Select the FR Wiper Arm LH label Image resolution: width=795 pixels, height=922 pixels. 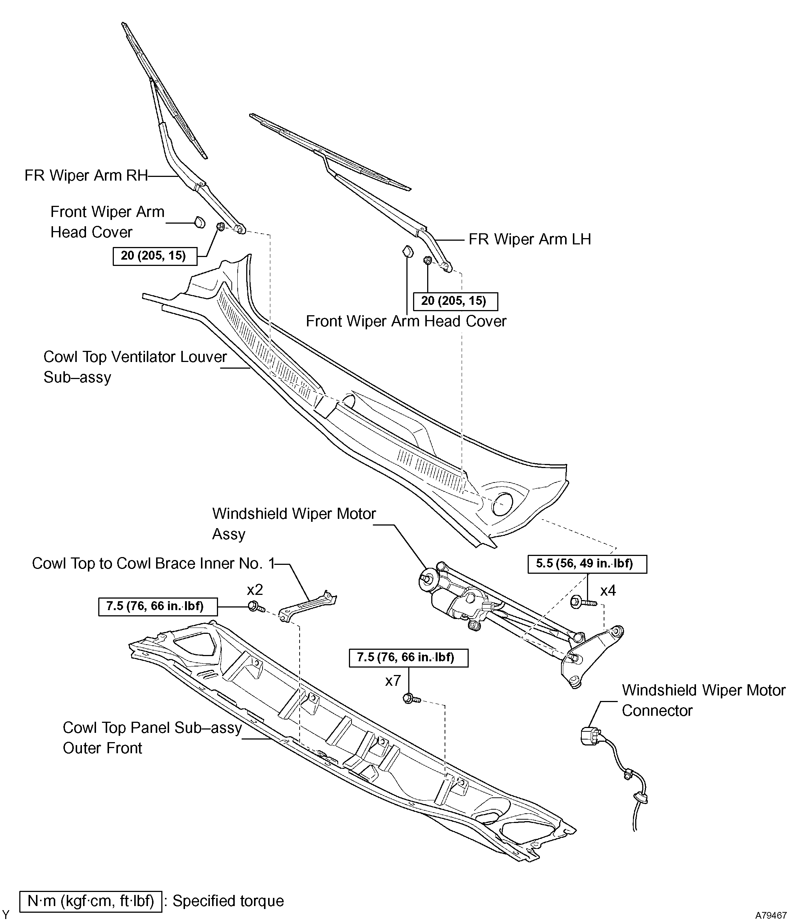(x=530, y=239)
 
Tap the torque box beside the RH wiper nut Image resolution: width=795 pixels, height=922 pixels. (x=155, y=256)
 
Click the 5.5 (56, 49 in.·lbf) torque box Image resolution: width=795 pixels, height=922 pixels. (x=587, y=564)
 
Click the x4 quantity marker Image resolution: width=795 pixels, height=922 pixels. (x=608, y=590)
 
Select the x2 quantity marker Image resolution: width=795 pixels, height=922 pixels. (x=255, y=590)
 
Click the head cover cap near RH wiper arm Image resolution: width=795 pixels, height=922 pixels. (x=201, y=222)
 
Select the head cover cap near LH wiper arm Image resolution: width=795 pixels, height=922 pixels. (x=407, y=251)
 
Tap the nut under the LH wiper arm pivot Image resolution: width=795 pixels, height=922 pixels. (x=428, y=260)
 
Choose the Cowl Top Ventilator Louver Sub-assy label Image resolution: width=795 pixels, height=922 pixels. (x=135, y=367)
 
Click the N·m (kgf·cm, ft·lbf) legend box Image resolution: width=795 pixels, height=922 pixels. (x=91, y=900)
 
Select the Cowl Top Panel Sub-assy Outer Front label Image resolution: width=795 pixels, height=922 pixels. (x=152, y=737)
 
